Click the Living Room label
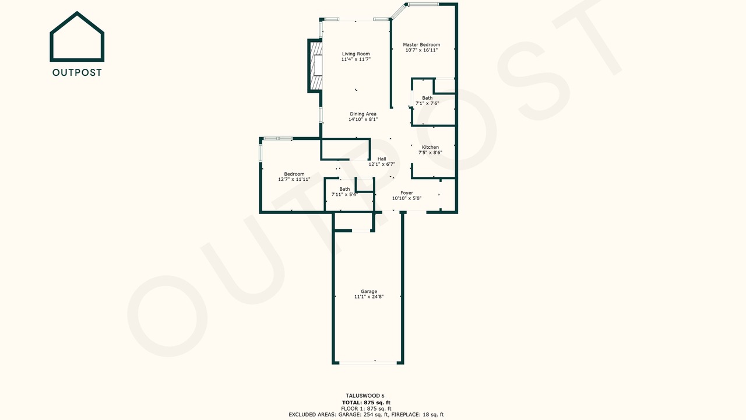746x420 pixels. (356, 54)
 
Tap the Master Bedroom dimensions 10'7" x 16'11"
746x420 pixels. (421, 50)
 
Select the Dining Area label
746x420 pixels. (363, 114)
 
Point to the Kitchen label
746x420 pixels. (430, 147)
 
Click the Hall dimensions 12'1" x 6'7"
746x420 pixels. (382, 164)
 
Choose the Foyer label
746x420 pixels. (407, 192)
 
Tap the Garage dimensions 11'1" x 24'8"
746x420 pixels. (369, 297)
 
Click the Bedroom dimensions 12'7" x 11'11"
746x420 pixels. (294, 179)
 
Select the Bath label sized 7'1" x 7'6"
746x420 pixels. (427, 98)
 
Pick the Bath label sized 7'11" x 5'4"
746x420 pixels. (344, 189)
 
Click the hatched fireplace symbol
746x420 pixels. (316, 66)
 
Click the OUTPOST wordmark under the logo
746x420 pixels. (77, 73)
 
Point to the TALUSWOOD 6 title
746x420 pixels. (365, 396)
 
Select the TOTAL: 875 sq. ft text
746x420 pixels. (366, 402)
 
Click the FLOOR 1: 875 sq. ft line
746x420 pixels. (366, 409)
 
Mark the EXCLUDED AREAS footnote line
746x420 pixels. (366, 415)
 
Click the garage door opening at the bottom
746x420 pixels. (368, 363)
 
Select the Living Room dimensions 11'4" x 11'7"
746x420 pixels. (356, 60)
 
